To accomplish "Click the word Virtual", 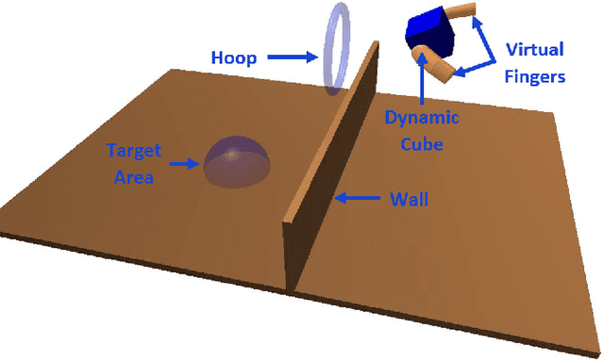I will point(534,49).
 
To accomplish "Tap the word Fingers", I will point(534,75).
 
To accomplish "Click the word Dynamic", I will point(421,118).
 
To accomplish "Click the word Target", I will point(134,151).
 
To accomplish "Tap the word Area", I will point(134,176).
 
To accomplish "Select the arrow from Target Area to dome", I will point(184,163).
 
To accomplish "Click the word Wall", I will point(410,199).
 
